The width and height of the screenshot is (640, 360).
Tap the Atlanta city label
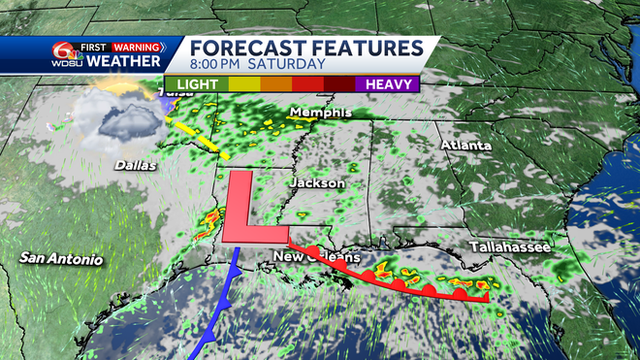pyautogui.click(x=462, y=146)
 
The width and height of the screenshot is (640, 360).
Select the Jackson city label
pyautogui.click(x=316, y=182)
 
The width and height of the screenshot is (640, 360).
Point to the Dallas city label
pyautogui.click(x=135, y=166)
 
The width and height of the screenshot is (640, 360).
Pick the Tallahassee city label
pyautogui.click(x=510, y=247)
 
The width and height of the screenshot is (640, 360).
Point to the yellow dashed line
pyautogui.click(x=204, y=139)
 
